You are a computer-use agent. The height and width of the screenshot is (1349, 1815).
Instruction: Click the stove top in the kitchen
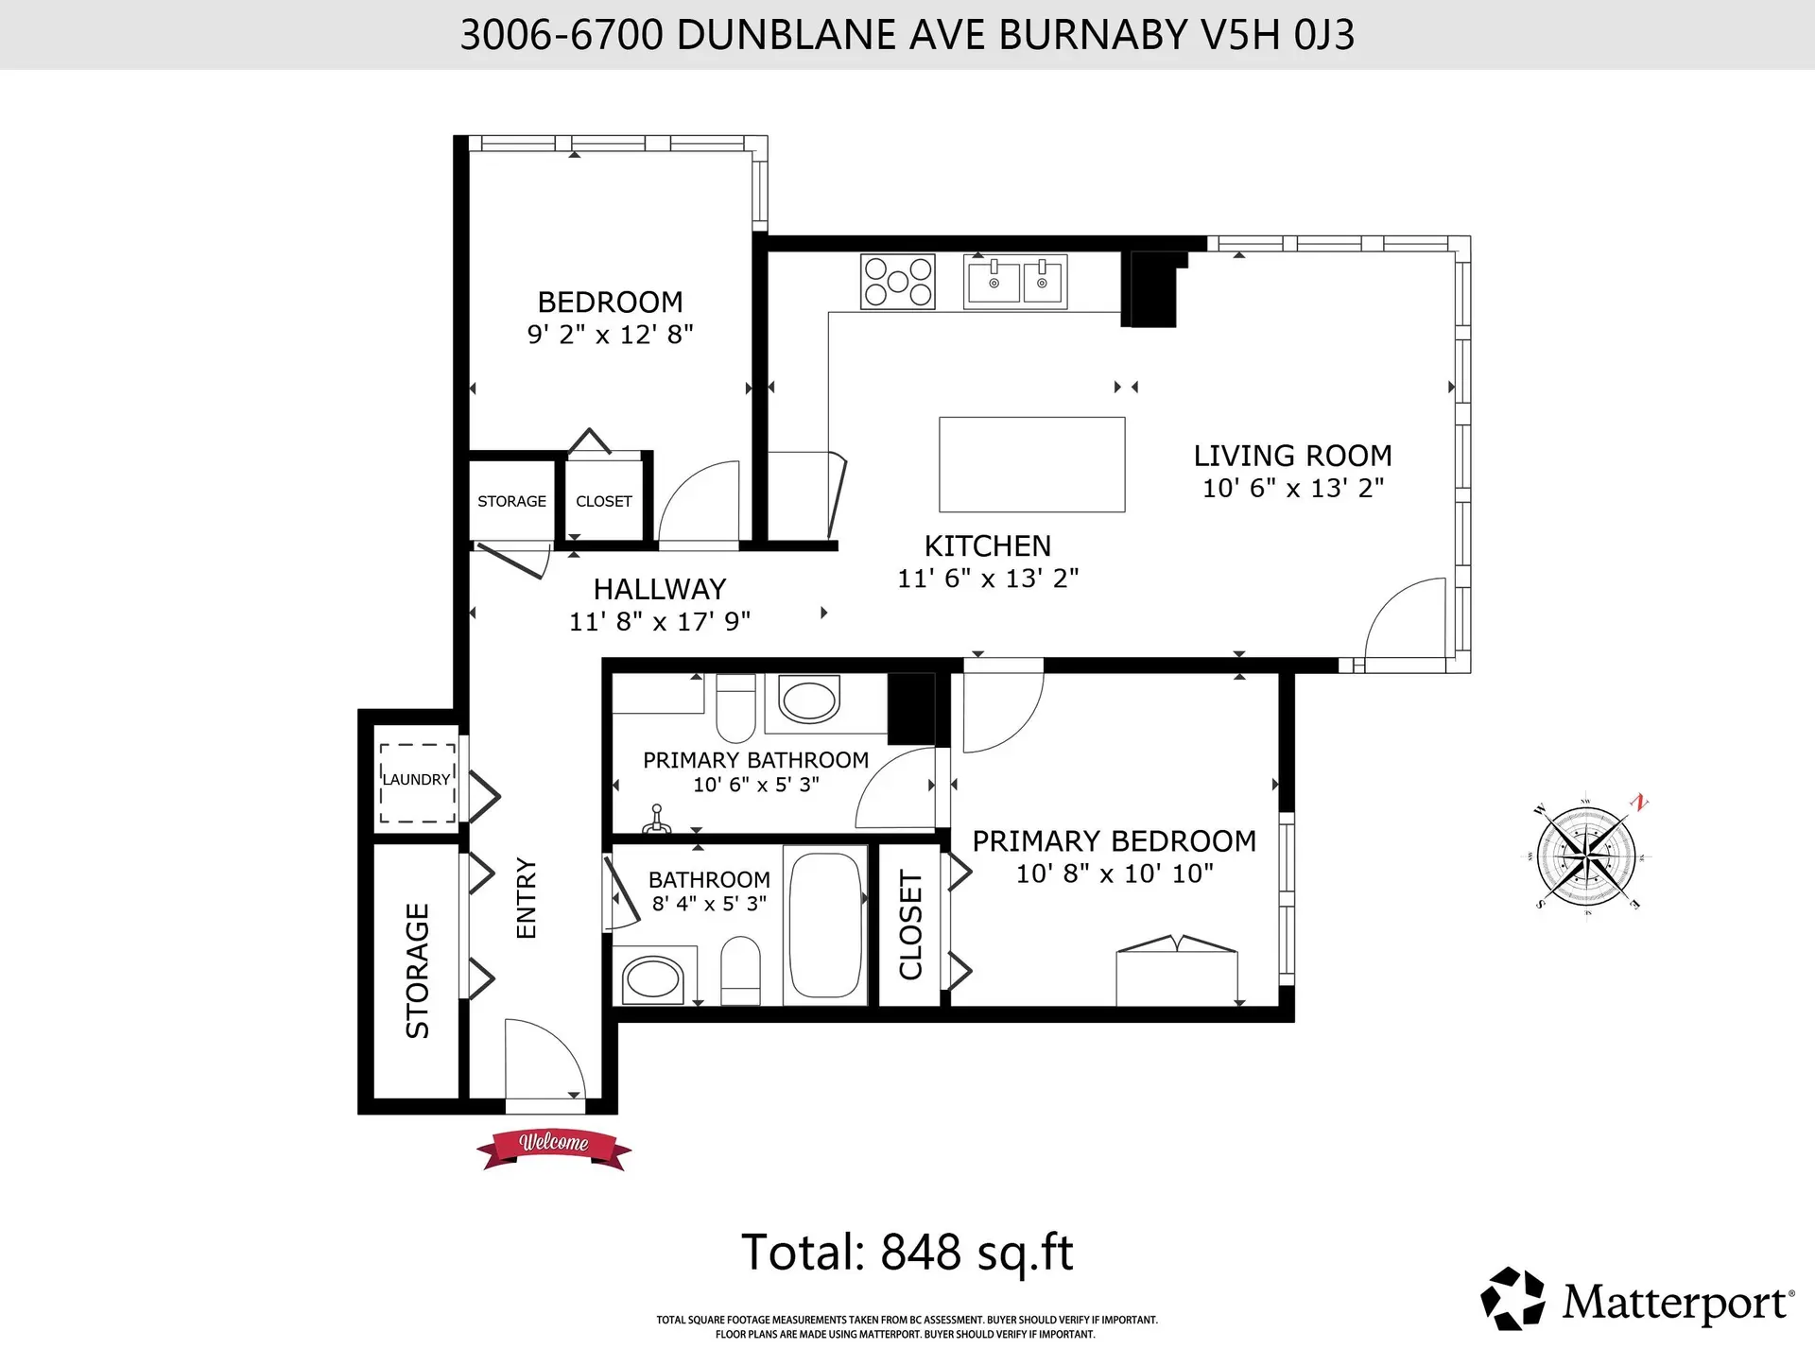click(897, 281)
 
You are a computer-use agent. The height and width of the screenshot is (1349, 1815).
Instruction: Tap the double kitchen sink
click(1015, 281)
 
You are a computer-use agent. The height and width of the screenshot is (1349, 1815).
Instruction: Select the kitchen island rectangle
click(1031, 464)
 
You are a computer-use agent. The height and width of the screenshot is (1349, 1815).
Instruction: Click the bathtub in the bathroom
click(825, 924)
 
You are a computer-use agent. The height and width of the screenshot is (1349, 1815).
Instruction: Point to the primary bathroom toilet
click(735, 709)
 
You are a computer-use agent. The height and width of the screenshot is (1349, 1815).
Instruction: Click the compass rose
click(1585, 856)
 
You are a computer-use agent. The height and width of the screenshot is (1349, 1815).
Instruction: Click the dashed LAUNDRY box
click(417, 782)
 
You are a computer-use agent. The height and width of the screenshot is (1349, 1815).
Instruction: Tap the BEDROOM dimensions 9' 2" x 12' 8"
click(610, 335)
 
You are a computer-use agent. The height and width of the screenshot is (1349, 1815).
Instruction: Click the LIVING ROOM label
click(1292, 456)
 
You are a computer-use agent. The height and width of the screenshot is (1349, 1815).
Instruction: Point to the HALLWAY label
click(659, 589)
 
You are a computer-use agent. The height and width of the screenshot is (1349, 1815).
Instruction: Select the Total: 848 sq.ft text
click(907, 1253)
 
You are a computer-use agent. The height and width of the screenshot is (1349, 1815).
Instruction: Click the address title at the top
click(907, 35)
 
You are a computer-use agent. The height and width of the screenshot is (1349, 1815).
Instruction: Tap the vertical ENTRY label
click(527, 898)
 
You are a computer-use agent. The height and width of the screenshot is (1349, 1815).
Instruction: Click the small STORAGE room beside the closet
click(511, 501)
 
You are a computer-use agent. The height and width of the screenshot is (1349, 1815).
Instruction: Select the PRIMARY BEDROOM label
click(1114, 840)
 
